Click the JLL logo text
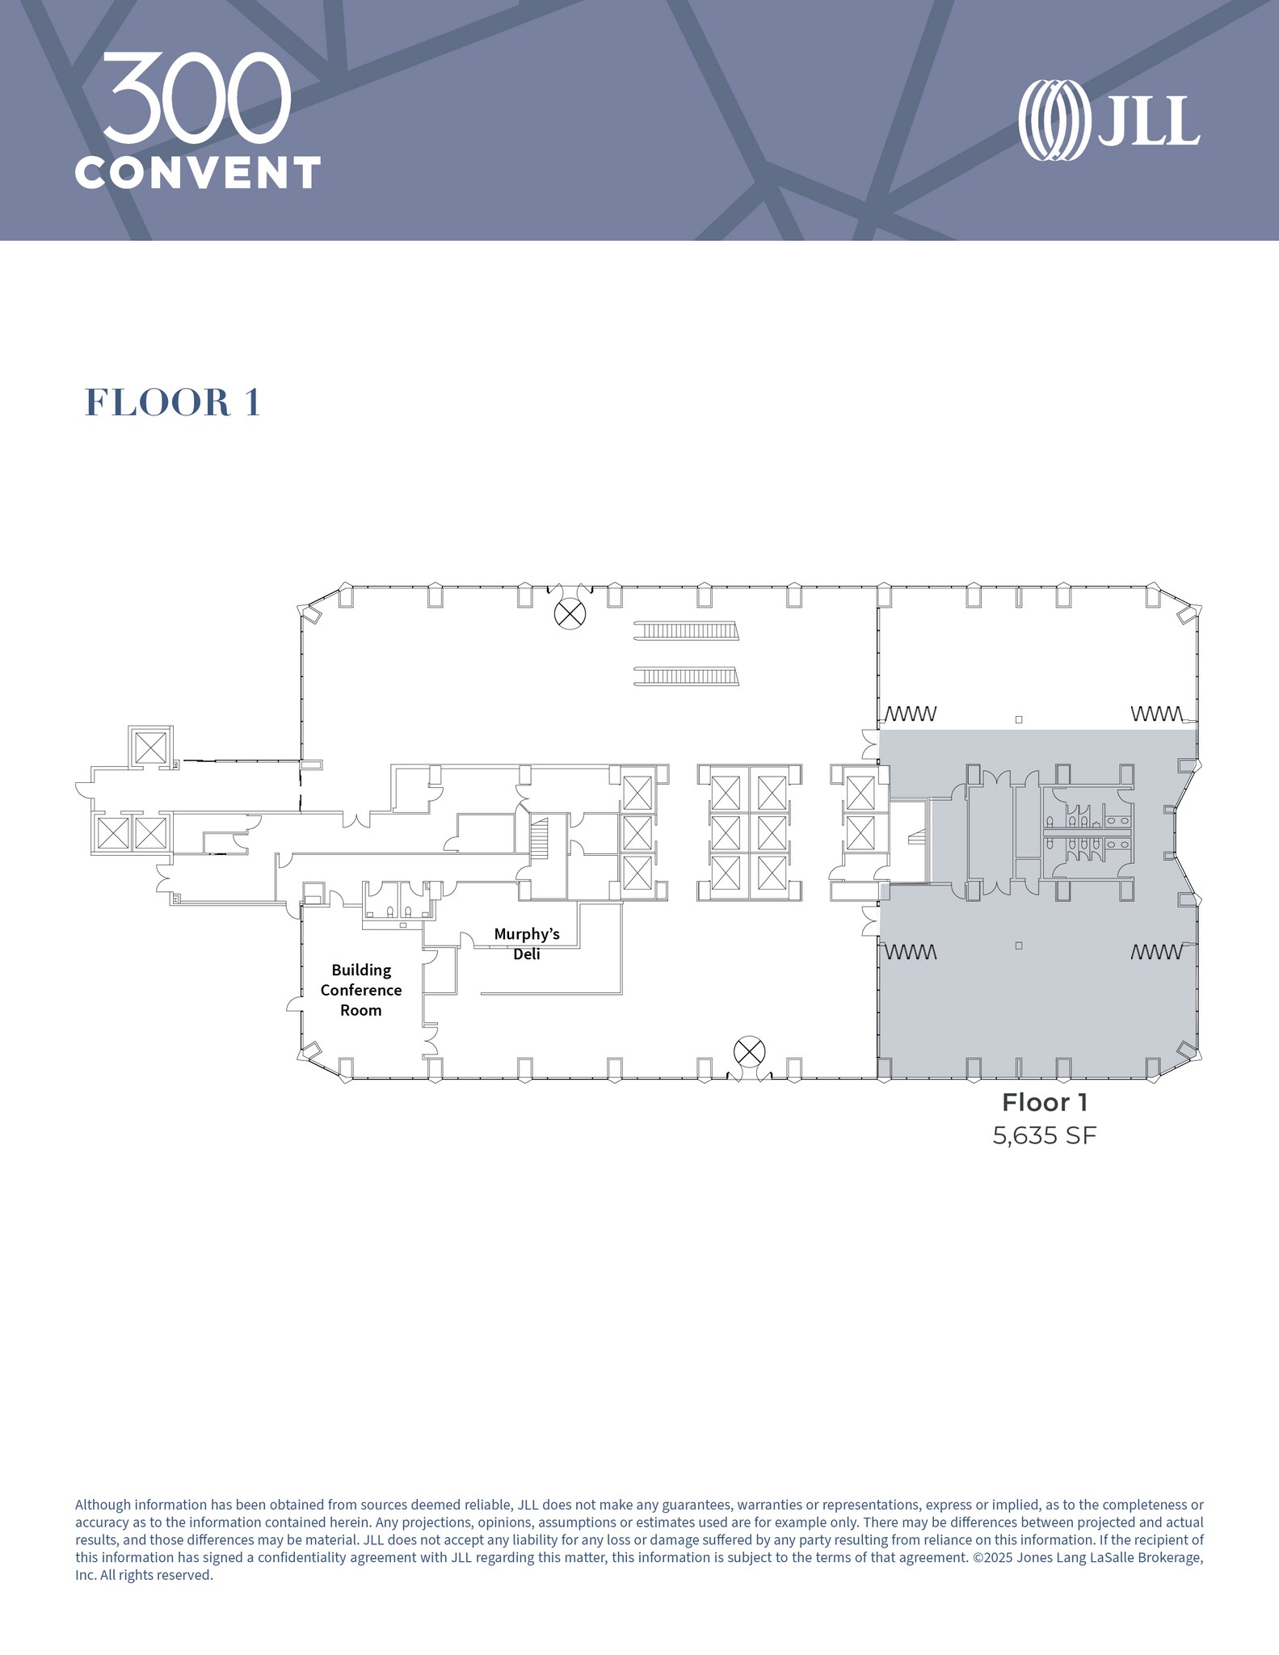(x=1147, y=121)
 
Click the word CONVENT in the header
(x=198, y=172)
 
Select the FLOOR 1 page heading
(x=173, y=402)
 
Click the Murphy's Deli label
(x=527, y=944)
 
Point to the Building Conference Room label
(x=361, y=990)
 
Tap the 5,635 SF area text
(x=1044, y=1135)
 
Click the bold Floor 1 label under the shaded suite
(x=1044, y=1102)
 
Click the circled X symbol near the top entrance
(x=570, y=614)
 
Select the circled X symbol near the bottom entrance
(x=749, y=1051)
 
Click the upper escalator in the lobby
(x=686, y=631)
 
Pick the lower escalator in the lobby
(x=686, y=676)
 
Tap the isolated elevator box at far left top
(x=150, y=747)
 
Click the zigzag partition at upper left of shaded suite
(x=911, y=714)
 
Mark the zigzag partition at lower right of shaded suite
(x=1157, y=952)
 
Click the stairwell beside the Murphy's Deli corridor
(x=539, y=840)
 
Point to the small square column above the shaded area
(x=1019, y=719)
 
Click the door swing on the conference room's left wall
(x=293, y=1004)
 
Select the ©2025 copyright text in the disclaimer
(x=999, y=1557)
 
